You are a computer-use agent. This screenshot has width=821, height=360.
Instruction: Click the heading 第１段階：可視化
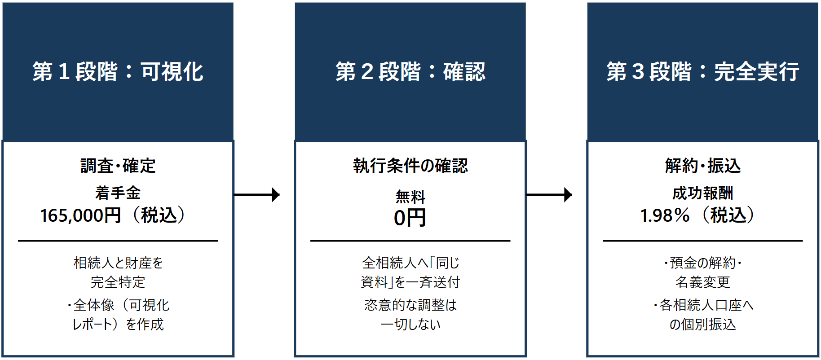click(118, 71)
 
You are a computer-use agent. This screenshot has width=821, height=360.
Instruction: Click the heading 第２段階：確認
click(410, 71)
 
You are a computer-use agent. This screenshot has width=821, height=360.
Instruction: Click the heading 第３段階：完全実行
click(702, 71)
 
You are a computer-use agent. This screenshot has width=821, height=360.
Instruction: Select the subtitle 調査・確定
click(118, 166)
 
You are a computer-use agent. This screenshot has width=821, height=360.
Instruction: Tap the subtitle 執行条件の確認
click(410, 166)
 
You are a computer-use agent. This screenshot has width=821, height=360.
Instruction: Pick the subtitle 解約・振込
click(702, 166)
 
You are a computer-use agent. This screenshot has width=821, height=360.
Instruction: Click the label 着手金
click(118, 193)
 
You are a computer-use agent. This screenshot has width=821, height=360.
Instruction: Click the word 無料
click(410, 197)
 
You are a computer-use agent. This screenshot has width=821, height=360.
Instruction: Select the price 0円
click(410, 218)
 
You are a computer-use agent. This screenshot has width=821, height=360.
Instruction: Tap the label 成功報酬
click(702, 193)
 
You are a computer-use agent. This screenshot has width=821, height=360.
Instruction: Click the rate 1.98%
click(665, 215)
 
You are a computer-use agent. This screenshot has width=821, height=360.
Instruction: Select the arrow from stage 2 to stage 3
click(549, 195)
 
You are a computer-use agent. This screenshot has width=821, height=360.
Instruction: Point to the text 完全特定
click(118, 282)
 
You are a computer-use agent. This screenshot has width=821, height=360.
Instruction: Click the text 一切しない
click(410, 324)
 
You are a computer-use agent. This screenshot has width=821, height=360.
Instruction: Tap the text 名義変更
click(702, 282)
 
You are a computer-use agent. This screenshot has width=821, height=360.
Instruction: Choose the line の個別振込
click(702, 324)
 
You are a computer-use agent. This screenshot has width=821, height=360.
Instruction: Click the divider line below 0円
click(410, 241)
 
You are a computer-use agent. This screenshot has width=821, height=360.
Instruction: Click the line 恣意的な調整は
click(410, 305)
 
